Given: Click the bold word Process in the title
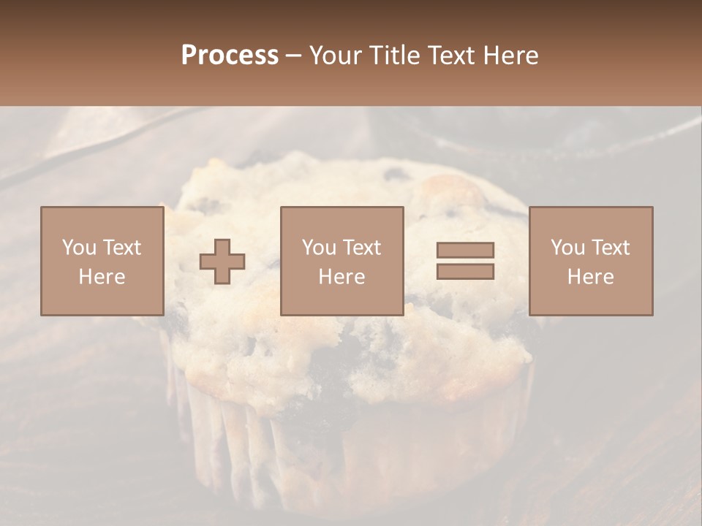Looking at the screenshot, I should coord(230,56).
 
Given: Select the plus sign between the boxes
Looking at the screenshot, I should coord(222,262).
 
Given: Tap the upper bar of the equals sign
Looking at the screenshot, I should coord(465,250).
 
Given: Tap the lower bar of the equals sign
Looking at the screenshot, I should coord(465,272).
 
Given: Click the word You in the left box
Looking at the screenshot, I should coord(79,248).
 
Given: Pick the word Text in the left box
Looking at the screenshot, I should coord(121,248).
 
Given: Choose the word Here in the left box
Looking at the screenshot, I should coord(102,277).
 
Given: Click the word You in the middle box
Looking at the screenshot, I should coord(319,248).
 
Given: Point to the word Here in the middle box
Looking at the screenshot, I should coord(341,277).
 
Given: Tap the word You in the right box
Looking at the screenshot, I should coord(567,248).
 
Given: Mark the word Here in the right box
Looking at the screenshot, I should coord(590,277).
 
